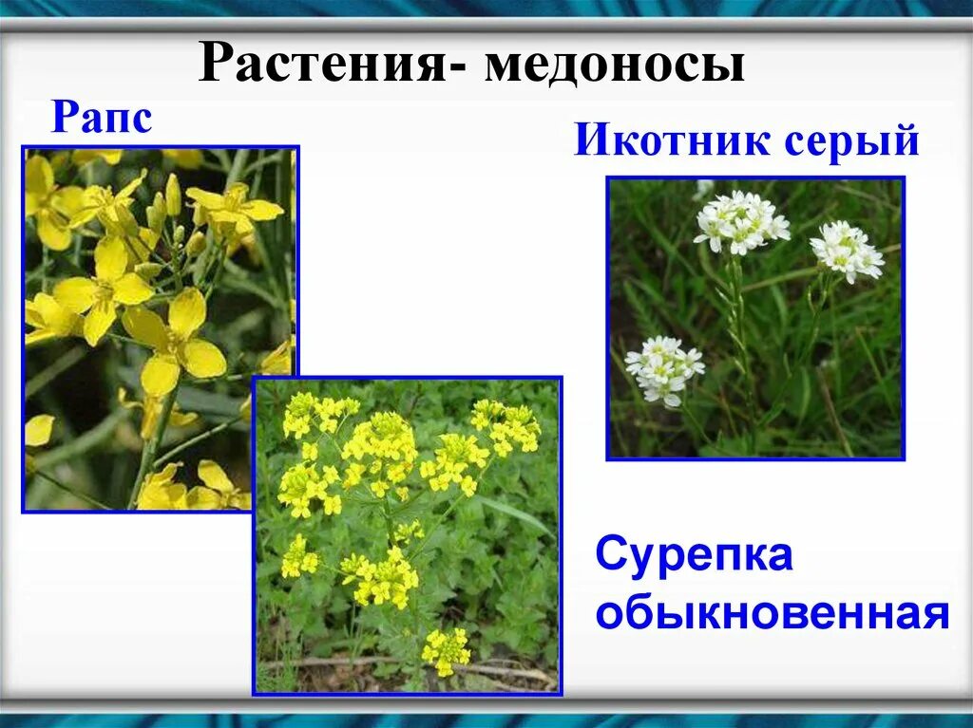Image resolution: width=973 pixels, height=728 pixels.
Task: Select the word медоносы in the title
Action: coord(614,65)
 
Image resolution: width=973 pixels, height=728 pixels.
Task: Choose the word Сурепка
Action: coord(694,556)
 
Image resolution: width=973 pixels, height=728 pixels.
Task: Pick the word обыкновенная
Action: coord(773,614)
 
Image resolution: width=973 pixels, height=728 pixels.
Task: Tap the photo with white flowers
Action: coord(755,318)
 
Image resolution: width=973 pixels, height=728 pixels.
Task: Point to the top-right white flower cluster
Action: coord(846,251)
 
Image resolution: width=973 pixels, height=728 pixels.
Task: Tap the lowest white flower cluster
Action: coord(664,369)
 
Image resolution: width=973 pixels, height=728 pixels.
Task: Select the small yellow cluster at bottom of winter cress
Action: coord(445,649)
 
